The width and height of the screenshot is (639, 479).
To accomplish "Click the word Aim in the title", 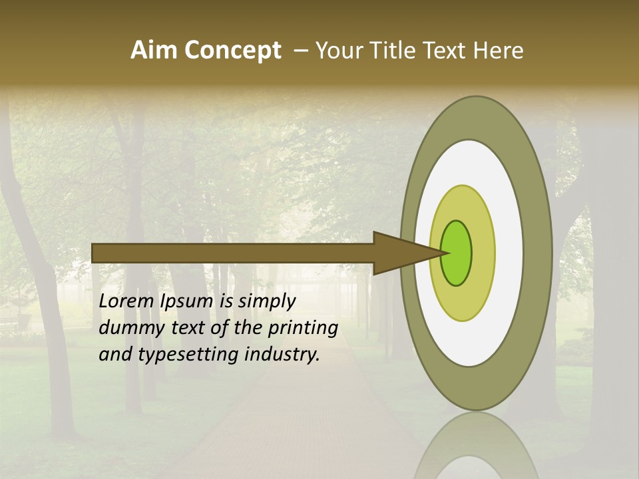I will [x=154, y=50].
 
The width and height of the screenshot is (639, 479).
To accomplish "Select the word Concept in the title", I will [x=232, y=50].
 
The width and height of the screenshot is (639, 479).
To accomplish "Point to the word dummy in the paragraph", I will [x=130, y=327].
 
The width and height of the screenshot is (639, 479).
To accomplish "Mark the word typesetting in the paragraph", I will [x=187, y=355].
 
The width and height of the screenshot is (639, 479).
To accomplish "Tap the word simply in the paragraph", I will [x=266, y=301].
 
